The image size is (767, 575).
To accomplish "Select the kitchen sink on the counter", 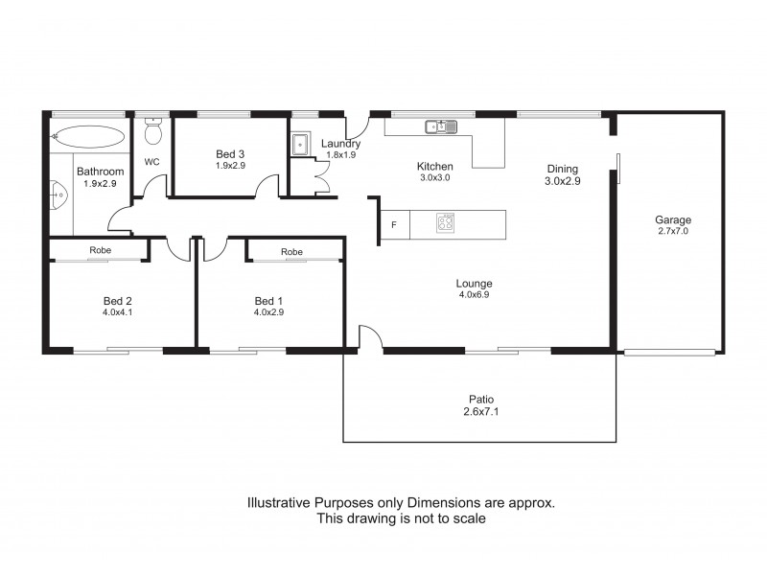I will (x=441, y=126).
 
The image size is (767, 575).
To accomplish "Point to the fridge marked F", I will (x=393, y=225).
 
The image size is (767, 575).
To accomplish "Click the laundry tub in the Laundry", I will (x=300, y=144).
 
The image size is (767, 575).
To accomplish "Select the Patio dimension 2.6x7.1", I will (x=480, y=413).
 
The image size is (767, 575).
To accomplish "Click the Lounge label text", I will (x=474, y=284).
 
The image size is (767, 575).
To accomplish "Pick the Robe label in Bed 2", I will (x=100, y=251).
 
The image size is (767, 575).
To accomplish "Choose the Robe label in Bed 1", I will (x=292, y=251).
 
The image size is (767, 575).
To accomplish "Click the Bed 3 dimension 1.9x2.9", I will (x=230, y=166).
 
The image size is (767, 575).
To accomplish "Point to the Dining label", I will (x=562, y=169).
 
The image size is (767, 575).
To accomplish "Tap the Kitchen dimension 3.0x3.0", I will (x=434, y=178).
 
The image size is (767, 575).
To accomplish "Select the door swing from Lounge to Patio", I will (x=370, y=336).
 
